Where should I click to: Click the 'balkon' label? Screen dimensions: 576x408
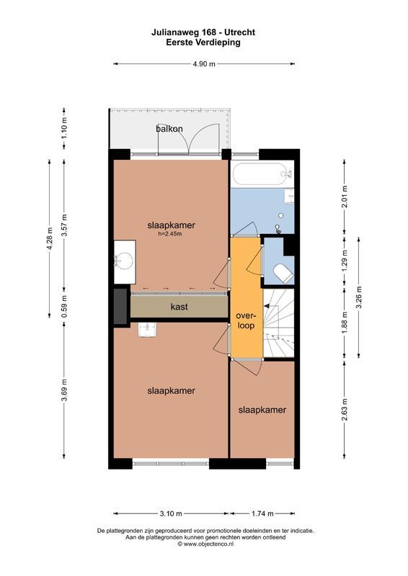click(x=169, y=129)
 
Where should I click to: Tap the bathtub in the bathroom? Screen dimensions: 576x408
click(x=260, y=174)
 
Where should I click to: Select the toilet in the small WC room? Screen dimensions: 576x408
click(x=283, y=272)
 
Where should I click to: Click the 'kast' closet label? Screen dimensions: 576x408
click(x=179, y=307)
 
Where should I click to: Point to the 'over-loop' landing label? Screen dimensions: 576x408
click(x=247, y=320)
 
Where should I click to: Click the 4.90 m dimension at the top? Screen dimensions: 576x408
click(x=204, y=64)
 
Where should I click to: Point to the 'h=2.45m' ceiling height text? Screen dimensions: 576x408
click(x=171, y=234)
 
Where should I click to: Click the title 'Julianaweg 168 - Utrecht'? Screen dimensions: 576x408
click(x=203, y=32)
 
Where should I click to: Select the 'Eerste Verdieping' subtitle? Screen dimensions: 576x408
click(x=203, y=42)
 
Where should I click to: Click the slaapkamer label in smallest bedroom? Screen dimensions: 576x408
click(x=262, y=410)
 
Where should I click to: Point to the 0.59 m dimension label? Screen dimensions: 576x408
click(x=64, y=305)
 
